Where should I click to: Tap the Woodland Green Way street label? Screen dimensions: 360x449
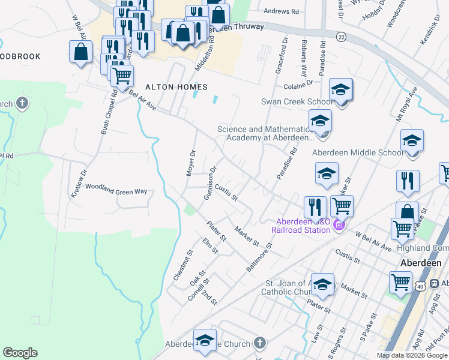tap(116, 191)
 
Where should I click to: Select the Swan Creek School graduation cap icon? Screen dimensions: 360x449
tap(340, 90)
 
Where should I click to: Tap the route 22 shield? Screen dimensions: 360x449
tap(340, 37)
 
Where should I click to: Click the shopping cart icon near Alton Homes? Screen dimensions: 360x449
tap(122, 76)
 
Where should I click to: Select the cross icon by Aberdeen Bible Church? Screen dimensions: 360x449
tap(259, 343)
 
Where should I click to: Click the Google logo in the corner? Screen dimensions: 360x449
tap(20, 353)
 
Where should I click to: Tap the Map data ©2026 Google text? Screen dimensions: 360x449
tap(412, 355)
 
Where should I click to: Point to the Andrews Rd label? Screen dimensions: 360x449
tap(281, 11)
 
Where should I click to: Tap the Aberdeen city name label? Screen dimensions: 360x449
tap(421, 263)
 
